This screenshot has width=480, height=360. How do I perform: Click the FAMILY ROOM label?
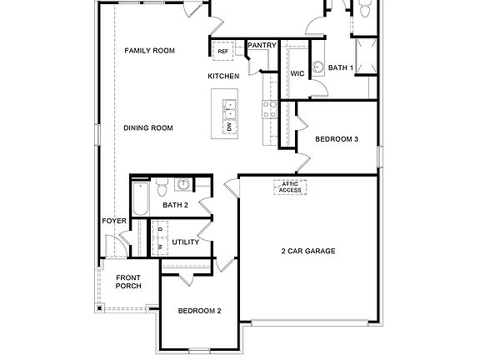pyautogui.click(x=150, y=51)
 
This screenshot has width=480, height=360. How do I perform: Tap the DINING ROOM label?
pyautogui.click(x=147, y=127)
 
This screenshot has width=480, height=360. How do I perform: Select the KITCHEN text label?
pyautogui.click(x=223, y=77)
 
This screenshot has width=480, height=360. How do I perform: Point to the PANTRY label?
pyautogui.click(x=262, y=45)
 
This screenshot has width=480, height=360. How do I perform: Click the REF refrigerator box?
pyautogui.click(x=222, y=52)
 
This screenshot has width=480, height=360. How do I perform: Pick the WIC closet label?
pyautogui.click(x=297, y=73)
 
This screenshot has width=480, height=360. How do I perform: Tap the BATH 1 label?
pyautogui.click(x=341, y=67)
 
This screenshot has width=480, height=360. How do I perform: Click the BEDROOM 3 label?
pyautogui.click(x=337, y=139)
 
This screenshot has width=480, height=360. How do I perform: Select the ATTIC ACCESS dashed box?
pyautogui.click(x=290, y=187)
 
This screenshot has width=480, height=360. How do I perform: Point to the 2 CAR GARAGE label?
pyautogui.click(x=308, y=251)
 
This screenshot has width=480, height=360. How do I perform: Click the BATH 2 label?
pyautogui.click(x=176, y=205)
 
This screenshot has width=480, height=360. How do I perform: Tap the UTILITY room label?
pyautogui.click(x=185, y=242)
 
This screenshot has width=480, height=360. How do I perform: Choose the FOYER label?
pyautogui.click(x=114, y=221)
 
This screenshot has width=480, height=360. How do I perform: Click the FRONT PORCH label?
pyautogui.click(x=128, y=282)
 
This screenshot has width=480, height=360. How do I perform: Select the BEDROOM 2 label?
pyautogui.click(x=200, y=312)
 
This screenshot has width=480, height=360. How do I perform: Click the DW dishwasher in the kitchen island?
pyautogui.click(x=229, y=127)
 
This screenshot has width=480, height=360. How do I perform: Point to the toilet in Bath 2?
pyautogui.click(x=162, y=184)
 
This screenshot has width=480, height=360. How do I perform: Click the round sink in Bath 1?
pyautogui.click(x=317, y=67)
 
